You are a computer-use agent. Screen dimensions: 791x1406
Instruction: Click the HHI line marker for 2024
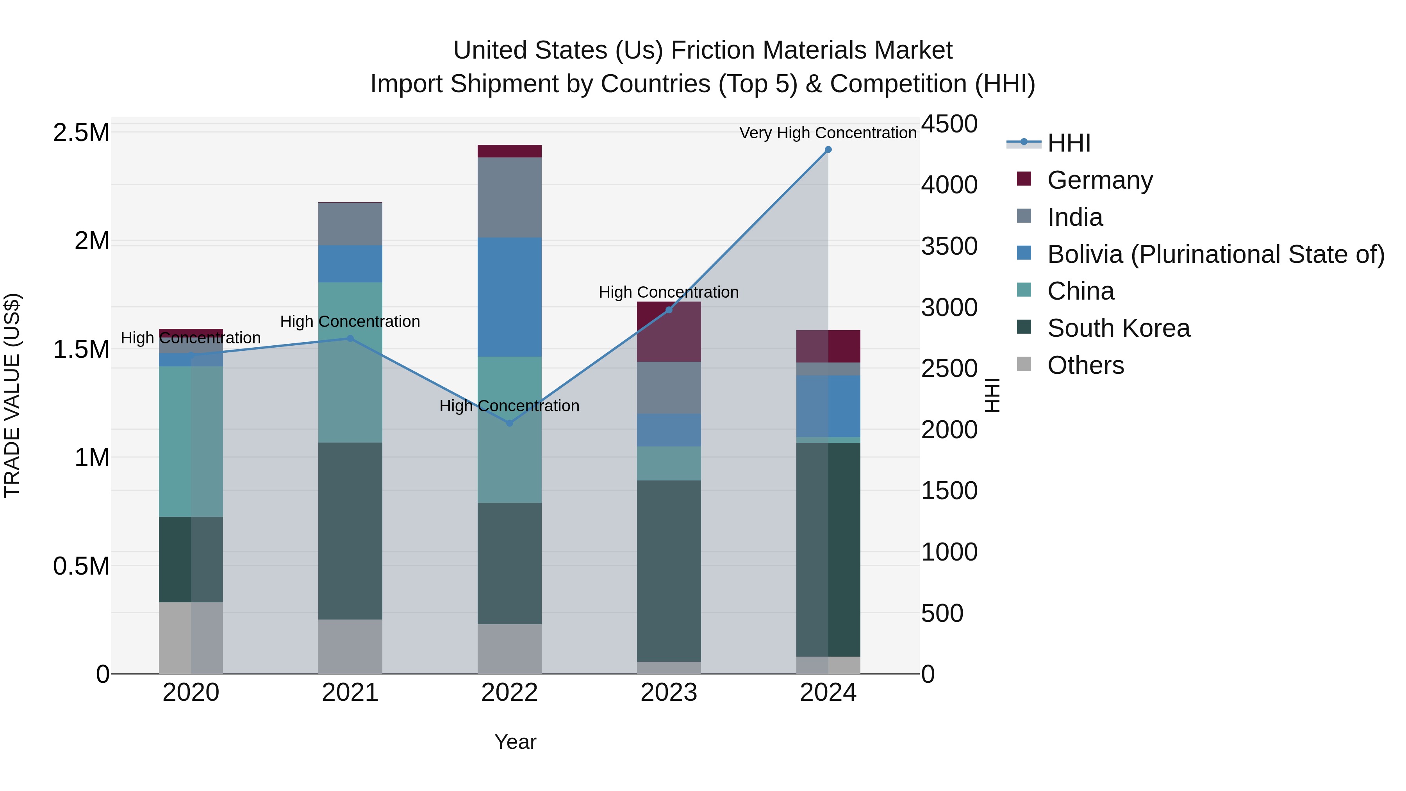point(828,150)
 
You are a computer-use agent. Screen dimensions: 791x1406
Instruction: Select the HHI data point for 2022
point(510,423)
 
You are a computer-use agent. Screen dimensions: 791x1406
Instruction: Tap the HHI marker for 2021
point(350,338)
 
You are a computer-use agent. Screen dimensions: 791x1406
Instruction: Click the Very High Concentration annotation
point(828,133)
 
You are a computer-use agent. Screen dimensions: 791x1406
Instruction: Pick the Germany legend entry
point(1099,180)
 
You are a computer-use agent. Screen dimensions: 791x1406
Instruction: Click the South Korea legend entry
point(1118,328)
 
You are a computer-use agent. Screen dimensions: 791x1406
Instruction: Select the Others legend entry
point(1085,365)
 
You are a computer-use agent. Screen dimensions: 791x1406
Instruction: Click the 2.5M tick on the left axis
point(81,133)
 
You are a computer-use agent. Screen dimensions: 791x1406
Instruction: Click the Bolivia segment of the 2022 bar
point(510,298)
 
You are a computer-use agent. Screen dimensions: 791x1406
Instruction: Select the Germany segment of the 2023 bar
point(669,331)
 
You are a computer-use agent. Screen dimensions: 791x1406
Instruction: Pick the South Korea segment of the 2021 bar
point(350,530)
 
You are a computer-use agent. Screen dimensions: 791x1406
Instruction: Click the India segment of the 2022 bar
point(510,198)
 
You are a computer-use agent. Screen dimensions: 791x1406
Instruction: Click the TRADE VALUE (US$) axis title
point(12,395)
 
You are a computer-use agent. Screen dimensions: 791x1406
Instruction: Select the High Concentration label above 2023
point(669,292)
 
